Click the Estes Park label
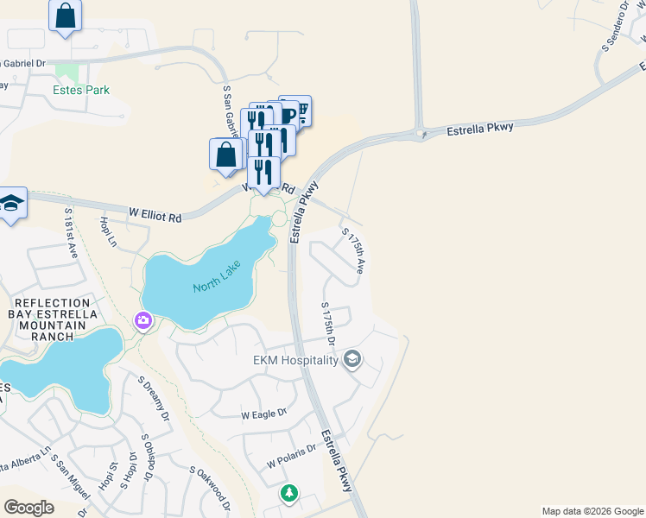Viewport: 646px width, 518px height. coord(81,89)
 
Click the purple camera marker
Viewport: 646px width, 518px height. coord(142,321)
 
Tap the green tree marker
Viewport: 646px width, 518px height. coord(289,495)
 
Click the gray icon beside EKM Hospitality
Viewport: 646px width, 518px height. coord(351,358)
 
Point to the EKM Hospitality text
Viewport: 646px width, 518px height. coord(294,360)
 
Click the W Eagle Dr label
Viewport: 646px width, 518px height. coord(264,414)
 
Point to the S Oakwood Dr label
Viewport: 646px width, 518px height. coord(209,489)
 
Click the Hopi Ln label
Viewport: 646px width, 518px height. coord(108,231)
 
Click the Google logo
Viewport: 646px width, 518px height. coord(28,508)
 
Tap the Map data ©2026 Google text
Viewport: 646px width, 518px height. coord(592,511)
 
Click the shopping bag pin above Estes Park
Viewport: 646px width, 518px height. coord(65,16)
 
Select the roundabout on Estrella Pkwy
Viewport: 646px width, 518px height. coord(421,133)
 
